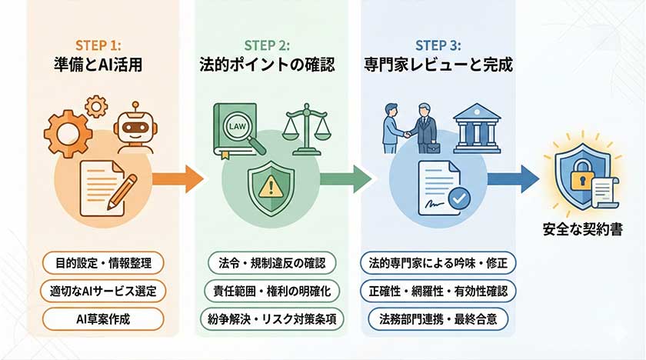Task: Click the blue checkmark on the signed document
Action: pos(459,198)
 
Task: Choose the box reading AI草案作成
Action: pos(102,318)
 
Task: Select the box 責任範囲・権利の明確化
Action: pos(271,291)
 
